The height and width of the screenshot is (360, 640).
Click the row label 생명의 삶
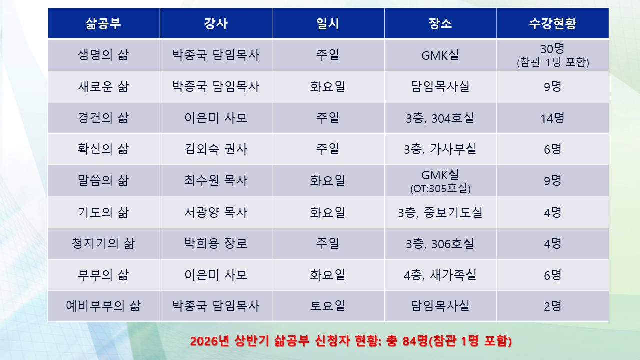pyautogui.click(x=104, y=55)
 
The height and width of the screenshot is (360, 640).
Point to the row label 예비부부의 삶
pyautogui.click(x=104, y=306)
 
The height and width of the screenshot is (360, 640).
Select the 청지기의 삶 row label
pyautogui.click(x=104, y=243)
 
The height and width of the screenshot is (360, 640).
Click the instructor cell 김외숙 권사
pyautogui.click(x=216, y=149)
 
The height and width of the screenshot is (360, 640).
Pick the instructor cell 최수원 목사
pyautogui.click(x=216, y=180)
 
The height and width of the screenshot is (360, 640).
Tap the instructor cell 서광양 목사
pyautogui.click(x=216, y=212)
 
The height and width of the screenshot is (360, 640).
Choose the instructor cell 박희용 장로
pyautogui.click(x=216, y=243)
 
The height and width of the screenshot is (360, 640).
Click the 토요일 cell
pyautogui.click(x=328, y=306)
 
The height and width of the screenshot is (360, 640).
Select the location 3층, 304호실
pyautogui.click(x=440, y=118)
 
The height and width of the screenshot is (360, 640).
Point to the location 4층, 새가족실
pyautogui.click(x=440, y=275)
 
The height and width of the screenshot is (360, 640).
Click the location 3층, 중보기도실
pyautogui.click(x=440, y=212)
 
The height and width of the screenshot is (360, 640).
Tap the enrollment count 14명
pyautogui.click(x=552, y=118)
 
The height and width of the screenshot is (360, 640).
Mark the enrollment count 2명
pyautogui.click(x=552, y=306)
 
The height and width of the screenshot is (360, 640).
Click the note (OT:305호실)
pyautogui.click(x=440, y=189)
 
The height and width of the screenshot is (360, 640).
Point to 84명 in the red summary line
pyautogui.click(x=416, y=342)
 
